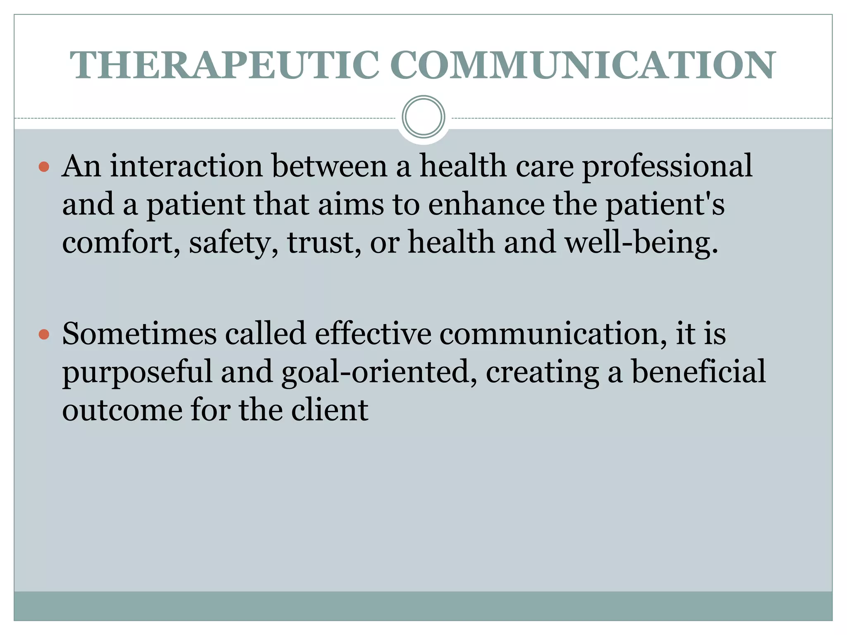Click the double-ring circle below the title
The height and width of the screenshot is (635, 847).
coord(423,117)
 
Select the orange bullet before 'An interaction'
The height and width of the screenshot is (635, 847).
coord(44,167)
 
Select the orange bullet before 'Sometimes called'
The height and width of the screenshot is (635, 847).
coord(44,334)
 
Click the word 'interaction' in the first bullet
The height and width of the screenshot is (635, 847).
coord(186,166)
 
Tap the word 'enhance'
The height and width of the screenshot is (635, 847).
coord(486,205)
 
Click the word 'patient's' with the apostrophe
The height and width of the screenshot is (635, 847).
coord(665,205)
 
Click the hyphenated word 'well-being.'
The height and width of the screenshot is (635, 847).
coord(641,243)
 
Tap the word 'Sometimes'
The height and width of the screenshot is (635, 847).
coord(139,334)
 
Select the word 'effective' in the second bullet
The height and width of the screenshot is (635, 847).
coord(373,334)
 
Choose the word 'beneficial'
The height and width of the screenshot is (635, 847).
coord(699,372)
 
